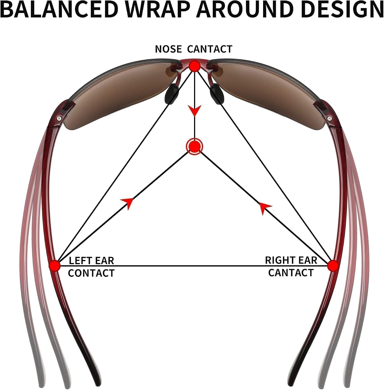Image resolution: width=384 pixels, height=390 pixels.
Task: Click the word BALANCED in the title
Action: (59, 10)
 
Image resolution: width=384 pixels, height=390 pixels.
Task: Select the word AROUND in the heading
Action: (244, 10)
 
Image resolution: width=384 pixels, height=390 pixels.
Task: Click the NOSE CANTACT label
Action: (194, 49)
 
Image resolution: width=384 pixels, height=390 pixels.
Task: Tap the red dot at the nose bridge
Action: (194, 66)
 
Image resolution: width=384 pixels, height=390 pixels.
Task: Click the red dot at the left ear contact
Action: (54, 266)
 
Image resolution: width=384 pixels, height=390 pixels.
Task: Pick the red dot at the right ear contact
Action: (333, 266)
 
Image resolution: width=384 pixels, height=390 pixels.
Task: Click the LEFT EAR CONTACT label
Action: (91, 267)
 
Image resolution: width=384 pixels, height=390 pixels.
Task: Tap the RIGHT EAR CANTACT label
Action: (291, 266)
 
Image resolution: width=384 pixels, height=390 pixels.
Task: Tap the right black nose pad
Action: (217, 94)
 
